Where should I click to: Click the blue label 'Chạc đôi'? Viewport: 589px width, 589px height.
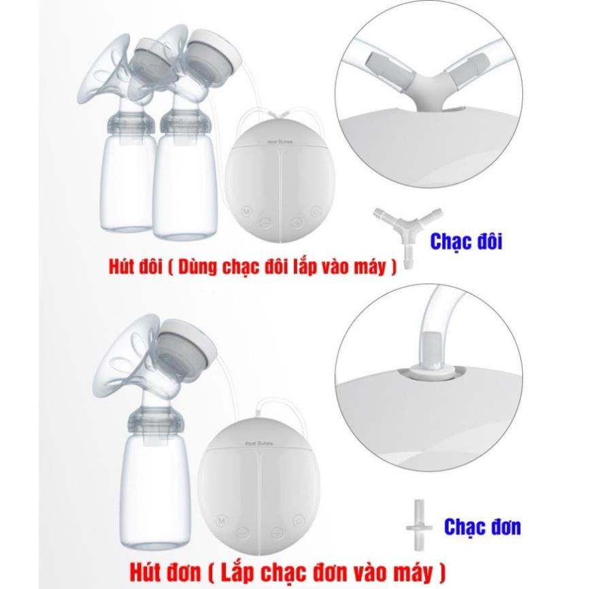pyautogui.click(x=467, y=241)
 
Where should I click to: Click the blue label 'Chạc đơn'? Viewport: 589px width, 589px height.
pyautogui.click(x=483, y=526)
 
